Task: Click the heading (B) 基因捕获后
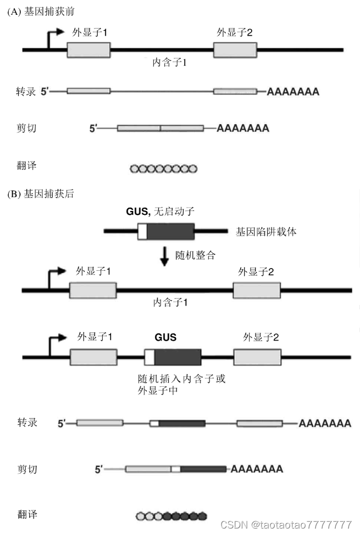pyautogui.click(x=41, y=194)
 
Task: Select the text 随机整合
pyautogui.click(x=195, y=255)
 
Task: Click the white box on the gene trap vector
pyautogui.click(x=142, y=231)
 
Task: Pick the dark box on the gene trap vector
pyautogui.click(x=170, y=231)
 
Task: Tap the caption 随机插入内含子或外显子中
pyautogui.click(x=181, y=385)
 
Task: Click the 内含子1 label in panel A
pyautogui.click(x=170, y=63)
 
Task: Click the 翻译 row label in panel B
pyautogui.click(x=27, y=515)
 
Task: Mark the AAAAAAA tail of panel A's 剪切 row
pyautogui.click(x=243, y=129)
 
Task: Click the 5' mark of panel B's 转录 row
pyautogui.click(x=62, y=424)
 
